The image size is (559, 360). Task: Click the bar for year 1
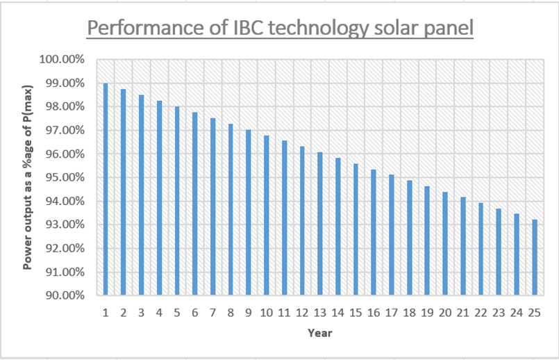(106, 189)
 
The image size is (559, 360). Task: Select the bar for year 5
(177, 201)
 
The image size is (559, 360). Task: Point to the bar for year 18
(410, 238)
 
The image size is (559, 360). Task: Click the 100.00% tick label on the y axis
(63, 60)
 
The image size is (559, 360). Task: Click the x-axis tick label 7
(213, 313)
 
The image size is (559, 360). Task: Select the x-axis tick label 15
(356, 313)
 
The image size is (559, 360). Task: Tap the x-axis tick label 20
(445, 313)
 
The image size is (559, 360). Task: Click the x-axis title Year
(320, 333)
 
